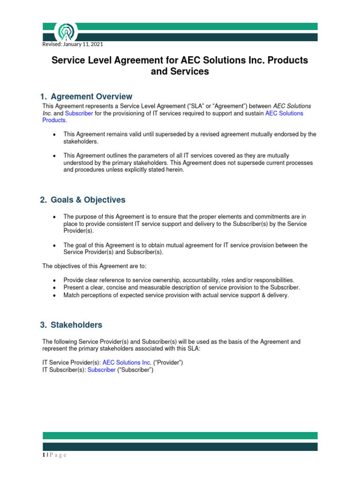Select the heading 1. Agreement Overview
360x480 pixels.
(87, 97)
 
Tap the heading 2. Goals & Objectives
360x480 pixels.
(83, 200)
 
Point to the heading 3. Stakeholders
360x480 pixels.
(71, 325)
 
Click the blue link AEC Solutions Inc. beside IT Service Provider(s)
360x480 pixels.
(127, 362)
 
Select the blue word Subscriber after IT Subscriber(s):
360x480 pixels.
(101, 369)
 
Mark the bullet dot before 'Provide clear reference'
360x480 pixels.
(55, 280)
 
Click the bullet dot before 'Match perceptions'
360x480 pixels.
(55, 296)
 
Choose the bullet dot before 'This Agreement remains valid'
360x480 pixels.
(55, 135)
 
